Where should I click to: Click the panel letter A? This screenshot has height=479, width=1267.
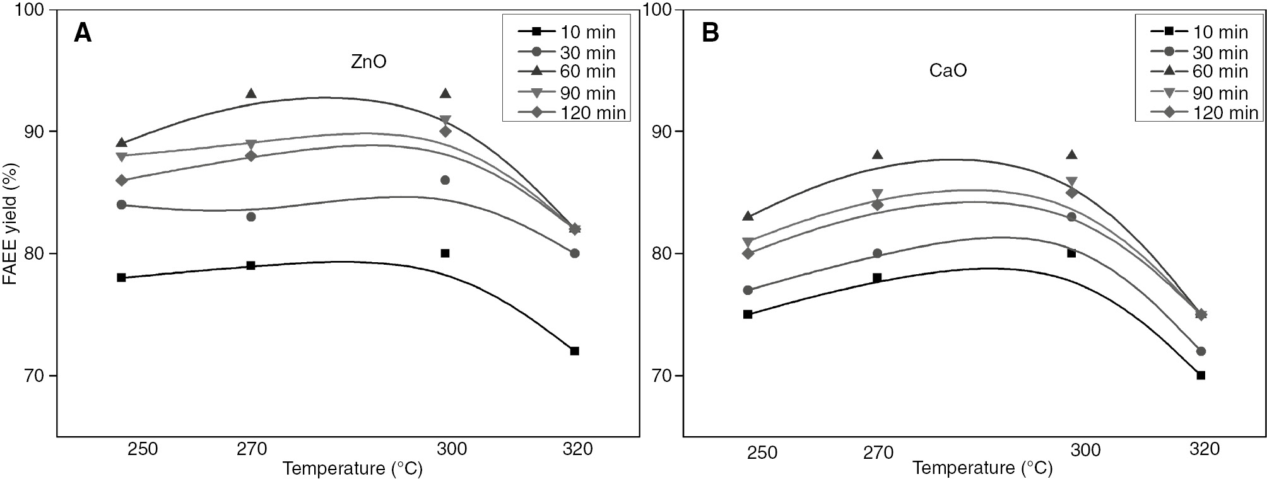click(x=83, y=32)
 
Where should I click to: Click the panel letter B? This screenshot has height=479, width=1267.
click(x=710, y=33)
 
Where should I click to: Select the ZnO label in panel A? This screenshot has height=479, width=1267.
click(x=368, y=62)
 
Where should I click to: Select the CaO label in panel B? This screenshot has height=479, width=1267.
click(x=948, y=70)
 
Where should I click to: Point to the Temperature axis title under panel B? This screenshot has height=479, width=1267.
click(x=982, y=468)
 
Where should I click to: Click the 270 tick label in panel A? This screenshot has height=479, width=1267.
click(x=251, y=449)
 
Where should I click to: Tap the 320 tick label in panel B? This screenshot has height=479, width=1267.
click(x=1203, y=449)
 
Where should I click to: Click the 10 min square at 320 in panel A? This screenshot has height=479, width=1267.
click(x=574, y=351)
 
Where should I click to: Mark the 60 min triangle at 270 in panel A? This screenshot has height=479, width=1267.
click(x=250, y=94)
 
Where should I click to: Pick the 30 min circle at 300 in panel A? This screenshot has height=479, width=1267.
click(x=445, y=180)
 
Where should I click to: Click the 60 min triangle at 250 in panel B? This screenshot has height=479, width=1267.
click(x=748, y=216)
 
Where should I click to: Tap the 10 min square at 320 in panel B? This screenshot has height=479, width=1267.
click(x=1201, y=376)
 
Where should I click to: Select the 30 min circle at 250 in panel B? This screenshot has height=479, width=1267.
click(x=748, y=290)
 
